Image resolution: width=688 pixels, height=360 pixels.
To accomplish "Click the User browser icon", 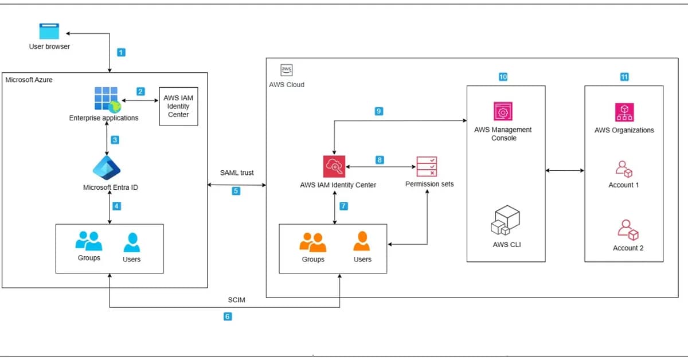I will click(49, 32).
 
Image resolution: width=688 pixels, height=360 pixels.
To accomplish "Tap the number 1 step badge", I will click(121, 52).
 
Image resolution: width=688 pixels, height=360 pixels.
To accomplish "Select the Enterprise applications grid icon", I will click(106, 99).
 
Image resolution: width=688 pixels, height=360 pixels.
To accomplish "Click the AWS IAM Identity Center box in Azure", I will click(178, 106).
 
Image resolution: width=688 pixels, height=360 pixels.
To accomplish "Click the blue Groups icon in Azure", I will click(89, 241).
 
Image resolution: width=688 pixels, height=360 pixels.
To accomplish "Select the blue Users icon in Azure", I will click(132, 242).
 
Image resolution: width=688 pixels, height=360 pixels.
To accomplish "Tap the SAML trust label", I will click(237, 173).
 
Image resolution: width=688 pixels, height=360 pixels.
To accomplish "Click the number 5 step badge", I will click(236, 191).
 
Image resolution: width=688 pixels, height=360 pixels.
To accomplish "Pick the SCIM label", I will click(236, 300).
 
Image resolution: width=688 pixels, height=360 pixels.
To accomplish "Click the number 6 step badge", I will click(228, 316).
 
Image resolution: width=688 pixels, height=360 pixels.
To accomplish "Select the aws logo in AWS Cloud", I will click(287, 70).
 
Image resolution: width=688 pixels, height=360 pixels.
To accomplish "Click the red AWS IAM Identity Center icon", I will click(334, 166).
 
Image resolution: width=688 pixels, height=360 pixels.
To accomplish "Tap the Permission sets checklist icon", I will click(427, 166).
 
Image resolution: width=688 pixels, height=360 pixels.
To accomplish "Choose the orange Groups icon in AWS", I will click(313, 242).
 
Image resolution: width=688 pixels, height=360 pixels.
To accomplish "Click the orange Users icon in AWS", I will click(362, 241).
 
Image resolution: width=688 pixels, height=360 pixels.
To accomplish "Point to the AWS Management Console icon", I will click(503, 112).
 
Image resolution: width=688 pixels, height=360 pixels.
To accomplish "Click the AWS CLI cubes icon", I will click(505, 221).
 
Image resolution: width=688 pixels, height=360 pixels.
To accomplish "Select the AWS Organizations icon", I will click(624, 112).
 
